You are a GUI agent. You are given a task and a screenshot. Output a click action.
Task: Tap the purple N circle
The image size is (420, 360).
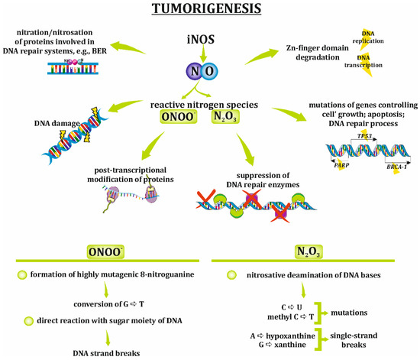[x=197, y=71]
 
